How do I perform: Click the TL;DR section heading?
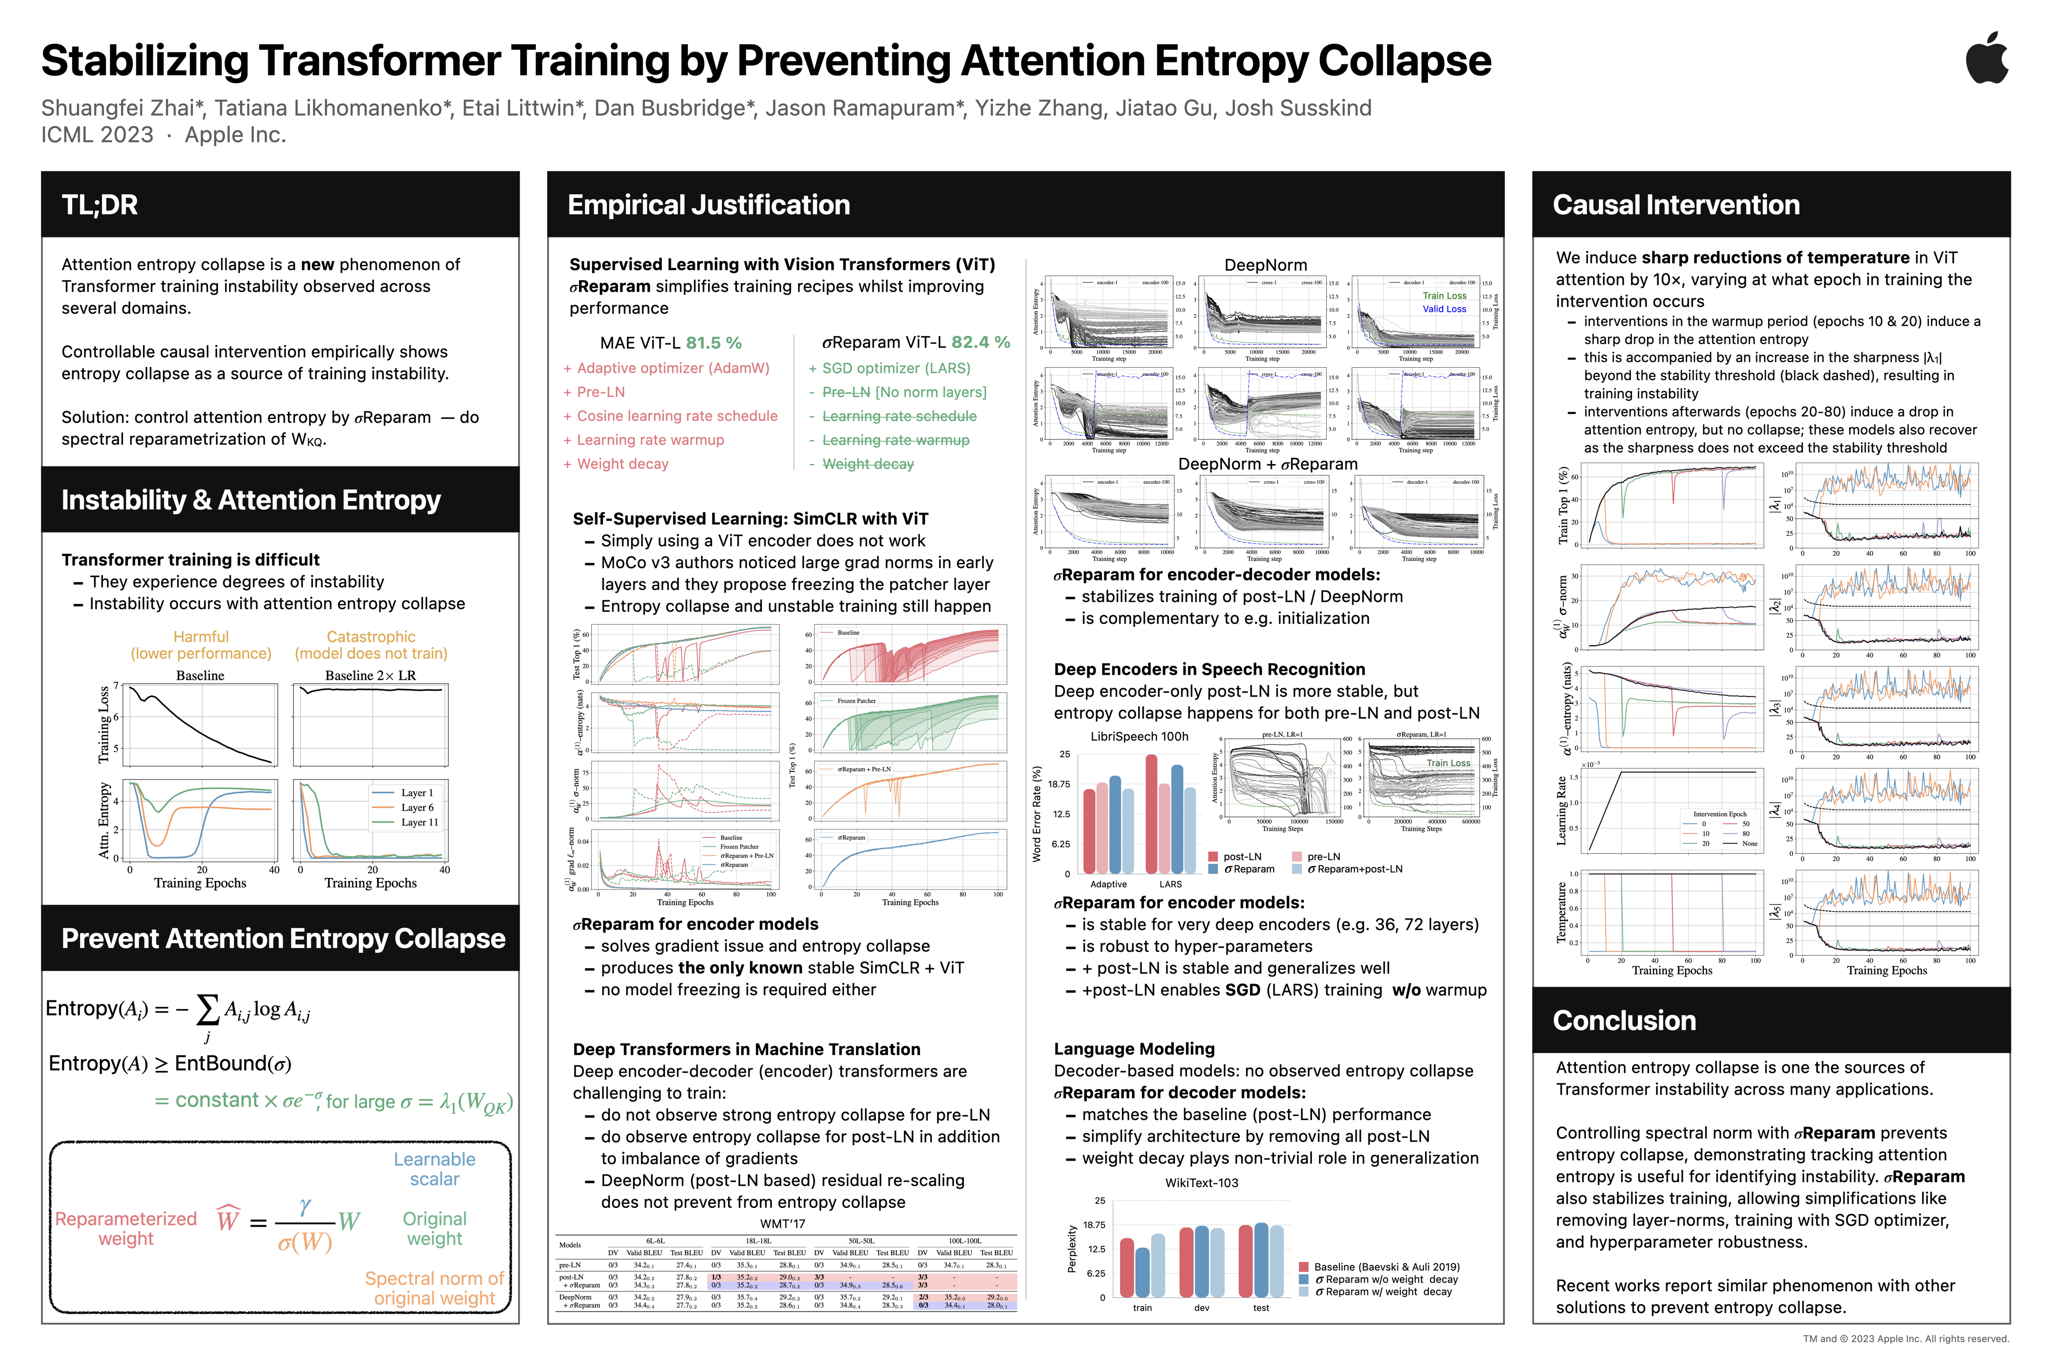pyautogui.click(x=99, y=205)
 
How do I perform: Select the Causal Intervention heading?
pyautogui.click(x=1675, y=205)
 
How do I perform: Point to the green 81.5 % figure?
pyautogui.click(x=713, y=343)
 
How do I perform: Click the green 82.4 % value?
pyautogui.click(x=980, y=343)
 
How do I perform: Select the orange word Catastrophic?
pyautogui.click(x=371, y=637)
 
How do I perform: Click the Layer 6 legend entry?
pyautogui.click(x=417, y=808)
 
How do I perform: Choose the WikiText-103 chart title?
pyautogui.click(x=1201, y=1183)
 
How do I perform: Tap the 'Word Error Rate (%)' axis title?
pyautogui.click(x=1037, y=814)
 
